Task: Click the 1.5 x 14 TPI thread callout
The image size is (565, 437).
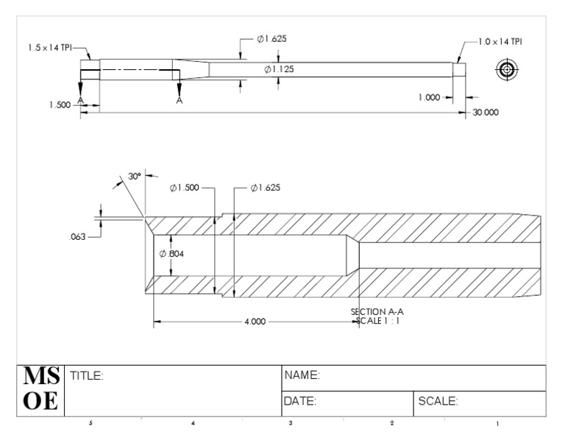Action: [50, 48]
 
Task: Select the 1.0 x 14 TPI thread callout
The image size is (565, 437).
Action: [500, 42]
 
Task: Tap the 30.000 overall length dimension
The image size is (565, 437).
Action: [486, 113]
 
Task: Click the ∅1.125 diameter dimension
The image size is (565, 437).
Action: [279, 69]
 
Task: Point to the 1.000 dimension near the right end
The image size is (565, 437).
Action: [429, 97]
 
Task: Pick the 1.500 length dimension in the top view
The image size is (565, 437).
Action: [60, 105]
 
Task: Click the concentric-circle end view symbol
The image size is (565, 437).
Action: [507, 70]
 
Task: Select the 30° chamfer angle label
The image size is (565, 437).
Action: [135, 176]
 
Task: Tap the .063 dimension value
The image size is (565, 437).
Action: [77, 237]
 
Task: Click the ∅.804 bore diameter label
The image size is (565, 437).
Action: [171, 254]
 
